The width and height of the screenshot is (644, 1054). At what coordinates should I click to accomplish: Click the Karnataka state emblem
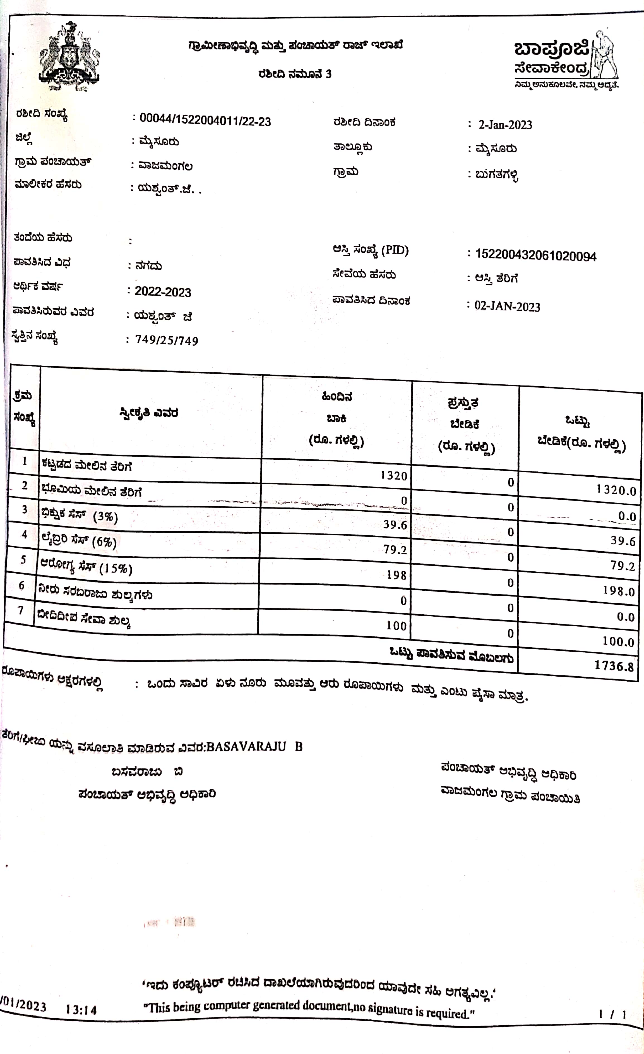(69, 58)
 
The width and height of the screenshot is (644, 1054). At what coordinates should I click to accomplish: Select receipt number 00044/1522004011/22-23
(205, 121)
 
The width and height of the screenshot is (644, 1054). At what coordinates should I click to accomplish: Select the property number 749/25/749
(167, 341)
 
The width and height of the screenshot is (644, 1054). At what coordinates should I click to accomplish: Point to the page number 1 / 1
(612, 1014)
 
